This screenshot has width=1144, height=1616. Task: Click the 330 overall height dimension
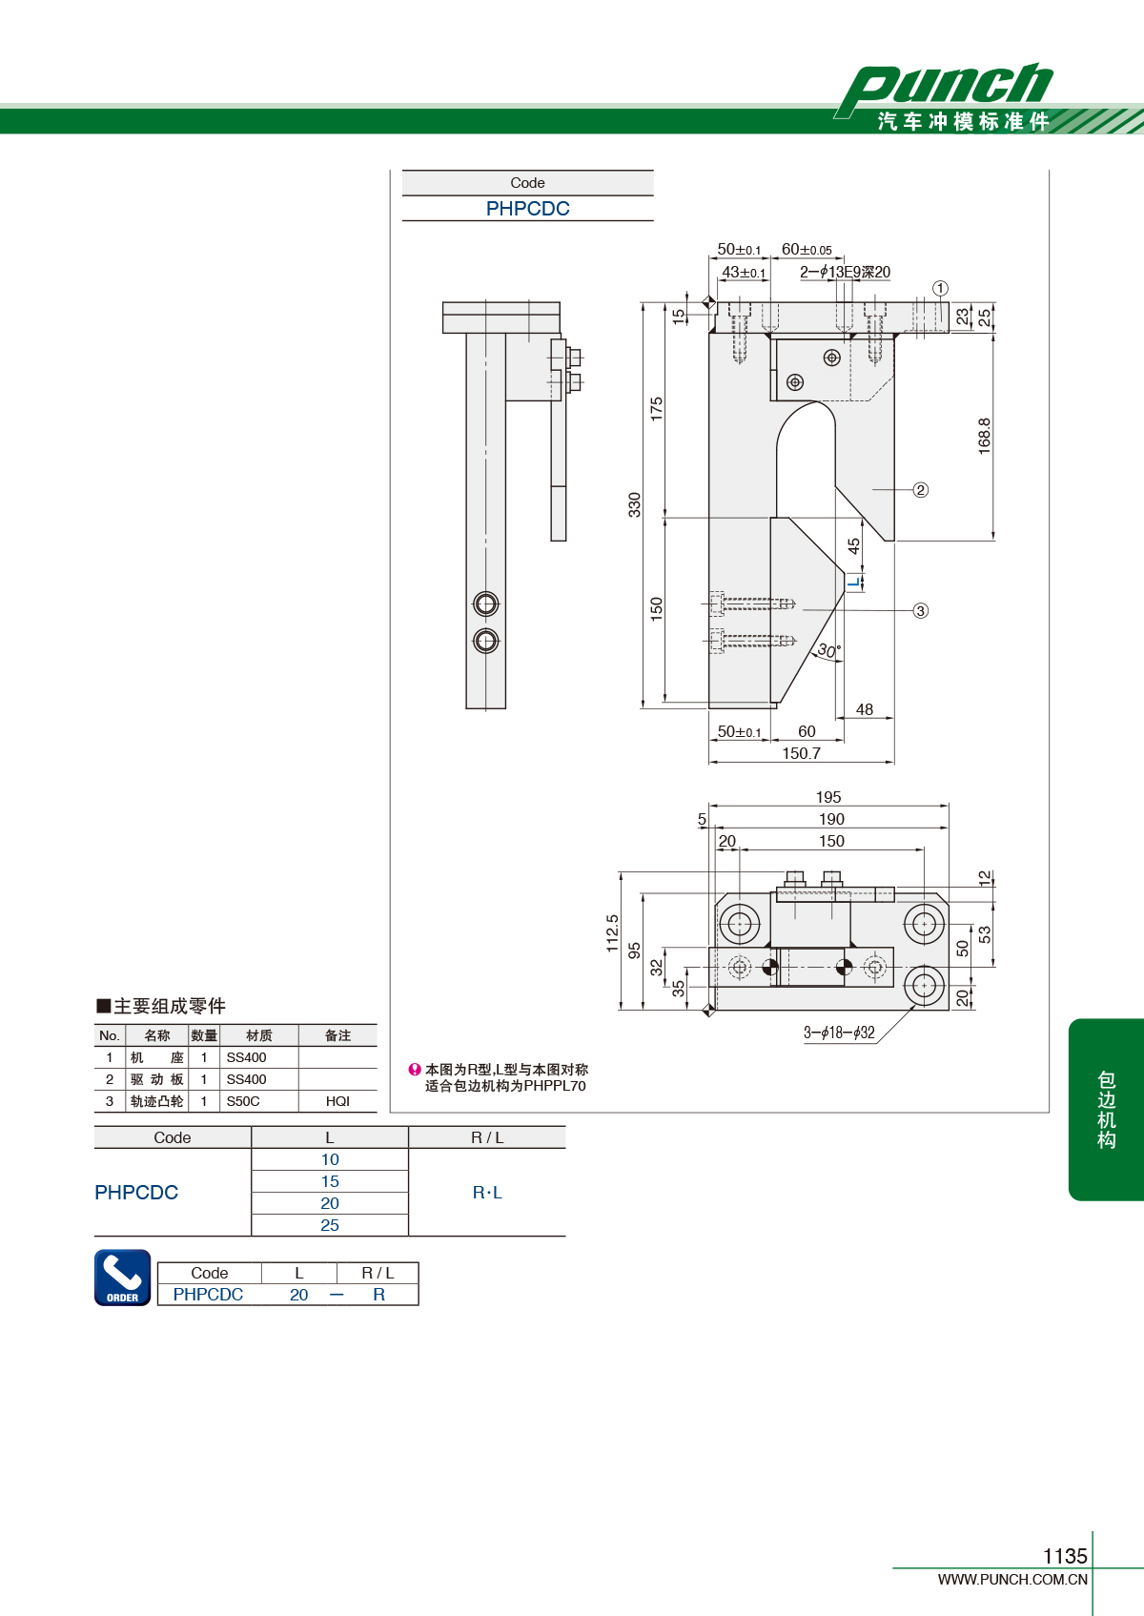[634, 504]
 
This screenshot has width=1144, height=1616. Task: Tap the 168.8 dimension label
[985, 436]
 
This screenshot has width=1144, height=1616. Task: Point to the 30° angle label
[828, 650]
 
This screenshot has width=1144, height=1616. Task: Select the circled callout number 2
[920, 490]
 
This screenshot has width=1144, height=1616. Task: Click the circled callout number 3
[920, 610]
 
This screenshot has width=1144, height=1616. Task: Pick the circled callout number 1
[940, 288]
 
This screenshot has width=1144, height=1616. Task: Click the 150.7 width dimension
[802, 753]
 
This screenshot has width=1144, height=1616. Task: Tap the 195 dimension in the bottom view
[828, 797]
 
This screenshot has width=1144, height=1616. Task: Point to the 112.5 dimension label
[612, 932]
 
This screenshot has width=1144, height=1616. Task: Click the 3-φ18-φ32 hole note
[839, 1033]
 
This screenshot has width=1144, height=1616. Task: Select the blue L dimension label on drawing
[854, 582]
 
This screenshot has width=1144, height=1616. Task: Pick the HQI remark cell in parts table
[337, 1101]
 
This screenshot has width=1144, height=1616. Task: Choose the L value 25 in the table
[330, 1225]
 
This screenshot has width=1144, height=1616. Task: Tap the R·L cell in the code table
[487, 1193]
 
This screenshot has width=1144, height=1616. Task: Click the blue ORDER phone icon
[123, 1278]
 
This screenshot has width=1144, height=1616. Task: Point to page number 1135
[1065, 1556]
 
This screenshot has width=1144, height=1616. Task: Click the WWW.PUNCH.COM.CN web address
[1012, 1579]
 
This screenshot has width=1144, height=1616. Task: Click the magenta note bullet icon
[415, 1070]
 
